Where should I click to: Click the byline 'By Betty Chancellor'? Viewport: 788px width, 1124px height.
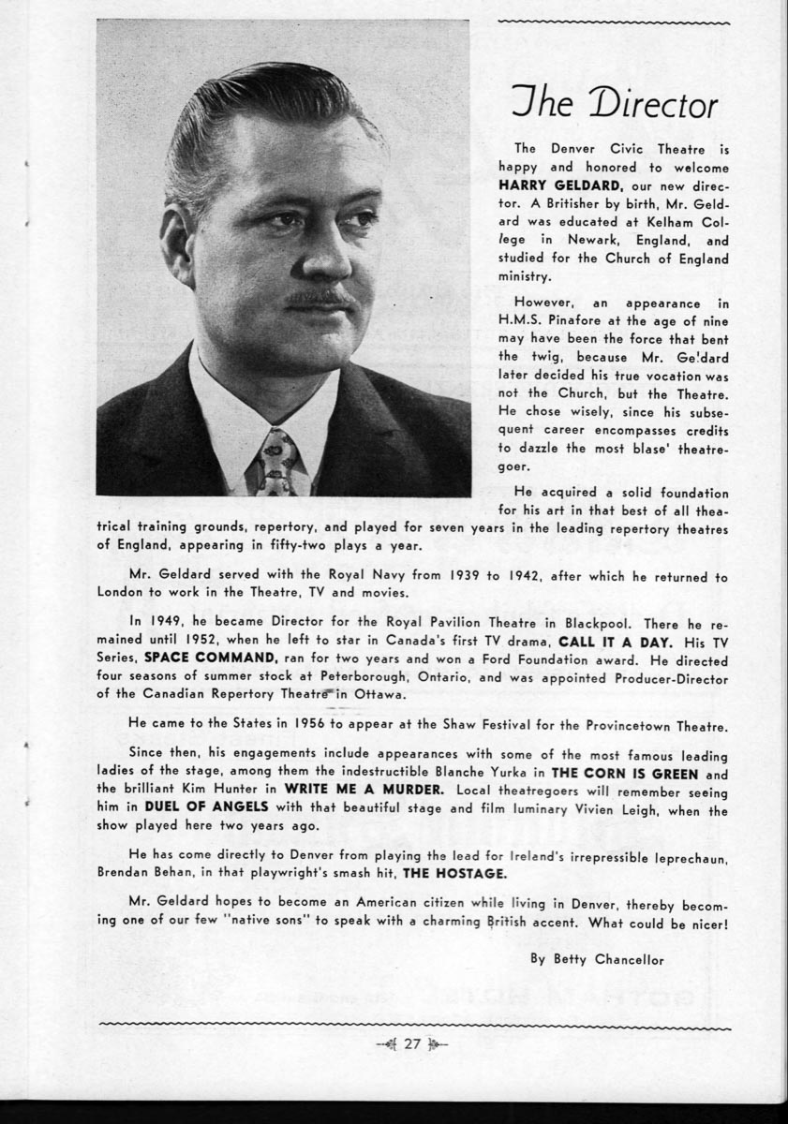click(x=596, y=959)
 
